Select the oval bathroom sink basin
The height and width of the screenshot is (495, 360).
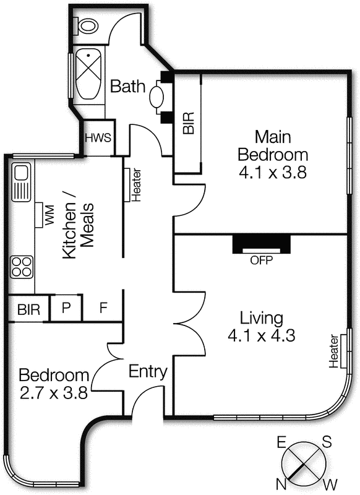[x=156, y=98]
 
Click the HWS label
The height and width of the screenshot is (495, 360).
[x=98, y=137]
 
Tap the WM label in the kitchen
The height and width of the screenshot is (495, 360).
[x=48, y=215]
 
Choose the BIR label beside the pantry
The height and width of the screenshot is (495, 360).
[x=28, y=309]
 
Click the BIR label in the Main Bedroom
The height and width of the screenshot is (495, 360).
[x=189, y=123]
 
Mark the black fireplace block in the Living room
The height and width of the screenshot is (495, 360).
[x=261, y=244]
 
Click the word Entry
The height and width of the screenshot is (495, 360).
[x=148, y=372]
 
